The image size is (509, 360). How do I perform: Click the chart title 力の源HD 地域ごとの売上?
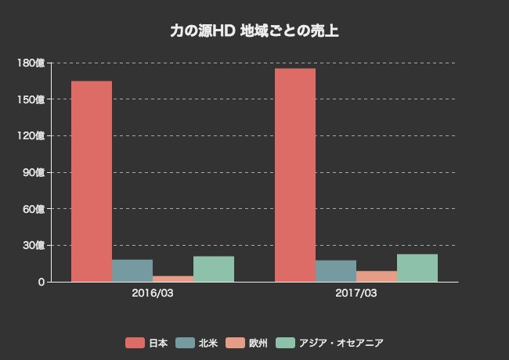254,31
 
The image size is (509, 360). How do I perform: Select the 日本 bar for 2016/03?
92,182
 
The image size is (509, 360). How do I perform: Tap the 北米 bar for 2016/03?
132,271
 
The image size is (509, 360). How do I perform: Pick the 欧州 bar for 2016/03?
173,279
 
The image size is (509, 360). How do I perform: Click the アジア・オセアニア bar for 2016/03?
214,269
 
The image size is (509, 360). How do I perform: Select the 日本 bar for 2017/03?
295,175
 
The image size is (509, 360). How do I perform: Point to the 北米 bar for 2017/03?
336,271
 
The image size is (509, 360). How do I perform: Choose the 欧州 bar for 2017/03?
377,276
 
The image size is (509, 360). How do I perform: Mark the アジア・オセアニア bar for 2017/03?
417,268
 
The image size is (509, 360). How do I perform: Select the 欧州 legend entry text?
258,343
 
